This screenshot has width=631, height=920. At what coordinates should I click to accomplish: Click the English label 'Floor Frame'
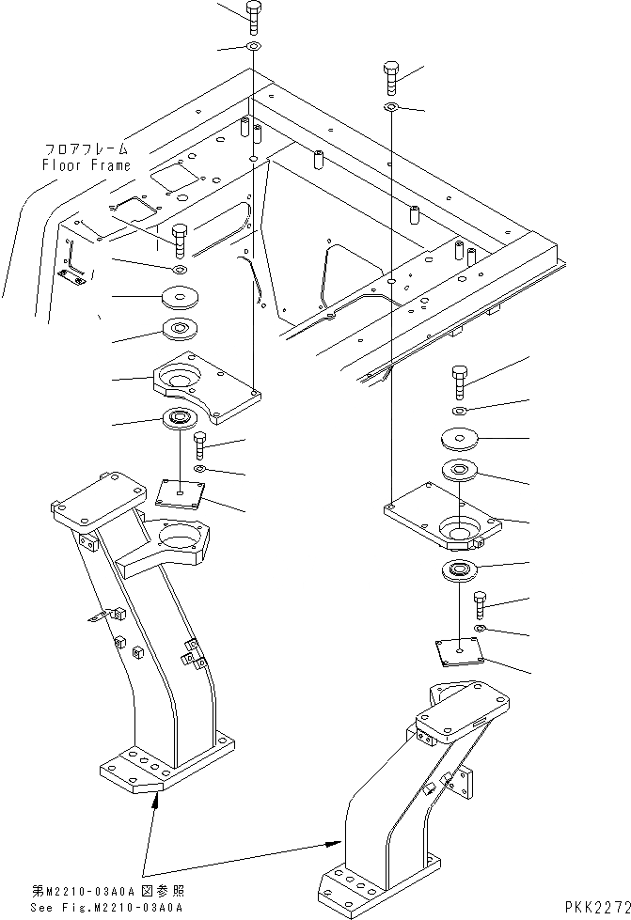85,164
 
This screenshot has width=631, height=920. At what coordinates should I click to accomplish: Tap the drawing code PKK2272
596,907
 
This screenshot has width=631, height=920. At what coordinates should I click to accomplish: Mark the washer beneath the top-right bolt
393,108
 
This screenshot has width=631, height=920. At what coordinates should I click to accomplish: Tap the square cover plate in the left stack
180,491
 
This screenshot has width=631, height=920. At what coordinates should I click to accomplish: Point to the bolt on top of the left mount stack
180,242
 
